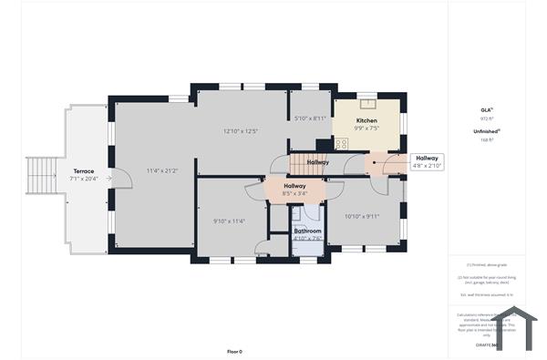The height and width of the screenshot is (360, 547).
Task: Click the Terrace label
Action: pos(84,171)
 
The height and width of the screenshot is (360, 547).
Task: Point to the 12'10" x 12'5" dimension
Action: pos(241,131)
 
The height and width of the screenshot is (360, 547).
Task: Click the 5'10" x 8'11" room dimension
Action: pos(310,118)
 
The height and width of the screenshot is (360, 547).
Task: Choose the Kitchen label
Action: pos(366,121)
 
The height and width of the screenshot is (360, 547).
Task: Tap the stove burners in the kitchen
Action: pos(342,144)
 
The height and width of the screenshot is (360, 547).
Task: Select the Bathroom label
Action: pos(307,231)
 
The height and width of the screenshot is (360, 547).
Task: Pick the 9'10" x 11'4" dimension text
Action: pos(229,220)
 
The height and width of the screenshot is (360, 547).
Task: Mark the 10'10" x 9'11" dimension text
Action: pos(361,216)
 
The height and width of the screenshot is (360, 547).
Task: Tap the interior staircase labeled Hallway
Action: pos(306,163)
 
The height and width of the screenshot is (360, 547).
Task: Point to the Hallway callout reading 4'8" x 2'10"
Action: pos(427,161)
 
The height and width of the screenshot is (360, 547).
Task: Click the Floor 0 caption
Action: pos(234,351)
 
